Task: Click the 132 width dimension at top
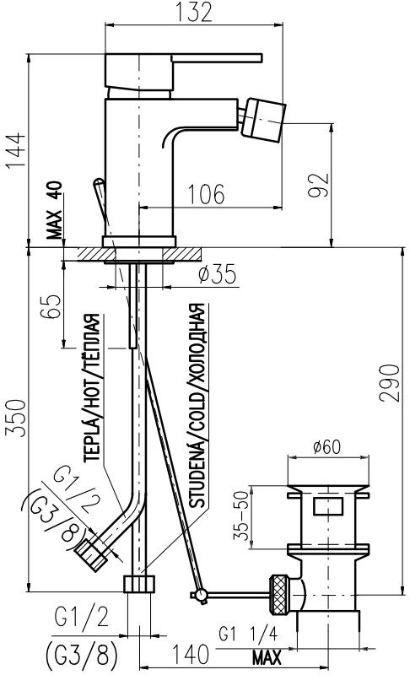tap(193, 12)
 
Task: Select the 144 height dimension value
tap(15, 151)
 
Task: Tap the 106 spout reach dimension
tap(206, 194)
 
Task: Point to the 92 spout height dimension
tap(318, 185)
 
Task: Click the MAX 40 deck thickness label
tap(55, 210)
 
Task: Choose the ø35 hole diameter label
tap(218, 274)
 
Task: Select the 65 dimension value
tap(51, 306)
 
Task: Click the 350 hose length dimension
tap(15, 418)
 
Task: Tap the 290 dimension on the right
tap(390, 383)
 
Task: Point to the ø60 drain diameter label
tap(326, 447)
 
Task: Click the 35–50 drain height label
tap(241, 515)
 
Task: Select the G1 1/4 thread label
tap(248, 634)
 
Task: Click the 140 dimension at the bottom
tap(191, 655)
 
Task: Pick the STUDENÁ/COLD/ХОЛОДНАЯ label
tap(197, 406)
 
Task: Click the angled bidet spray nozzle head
tap(263, 120)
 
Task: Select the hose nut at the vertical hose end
tap(139, 583)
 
